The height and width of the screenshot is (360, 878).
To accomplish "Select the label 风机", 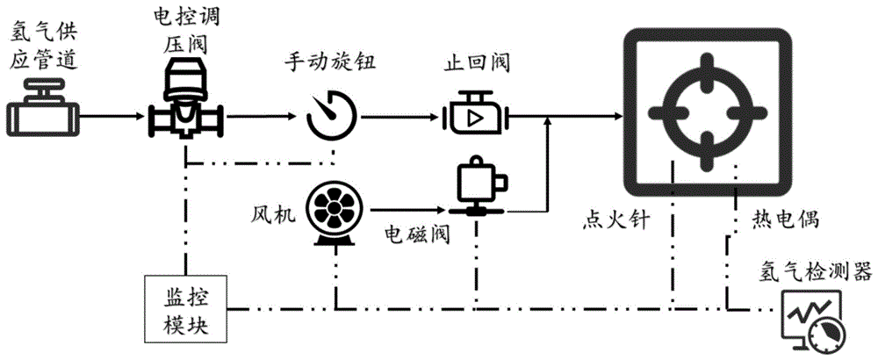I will pos(273,212).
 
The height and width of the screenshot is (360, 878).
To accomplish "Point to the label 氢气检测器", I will pos(817,272).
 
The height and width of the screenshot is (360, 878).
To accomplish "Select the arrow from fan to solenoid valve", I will pos(409,211).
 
